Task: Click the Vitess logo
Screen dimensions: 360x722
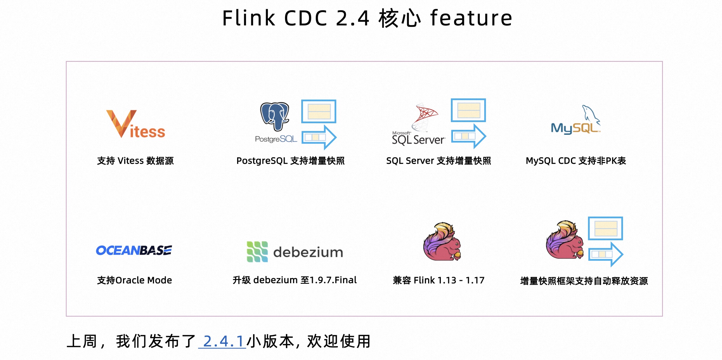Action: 135,124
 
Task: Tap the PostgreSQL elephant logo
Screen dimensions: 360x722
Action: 275,116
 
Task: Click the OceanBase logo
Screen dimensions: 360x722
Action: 134,250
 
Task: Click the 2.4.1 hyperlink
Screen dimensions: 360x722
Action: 222,341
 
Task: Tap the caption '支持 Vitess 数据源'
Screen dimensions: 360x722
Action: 135,161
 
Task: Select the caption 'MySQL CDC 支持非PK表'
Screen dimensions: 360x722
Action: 576,161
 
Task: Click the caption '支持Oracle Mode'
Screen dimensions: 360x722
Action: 135,280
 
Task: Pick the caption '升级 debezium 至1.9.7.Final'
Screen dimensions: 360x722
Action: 294,280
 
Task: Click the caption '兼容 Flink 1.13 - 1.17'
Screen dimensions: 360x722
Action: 438,280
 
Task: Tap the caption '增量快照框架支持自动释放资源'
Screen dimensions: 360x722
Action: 584,281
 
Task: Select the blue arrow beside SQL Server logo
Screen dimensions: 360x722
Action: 468,136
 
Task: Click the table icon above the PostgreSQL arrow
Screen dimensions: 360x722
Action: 319,111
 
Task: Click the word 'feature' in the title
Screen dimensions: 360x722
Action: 471,18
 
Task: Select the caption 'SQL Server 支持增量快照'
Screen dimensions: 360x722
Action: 438,161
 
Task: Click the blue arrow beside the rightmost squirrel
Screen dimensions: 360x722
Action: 606,254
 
